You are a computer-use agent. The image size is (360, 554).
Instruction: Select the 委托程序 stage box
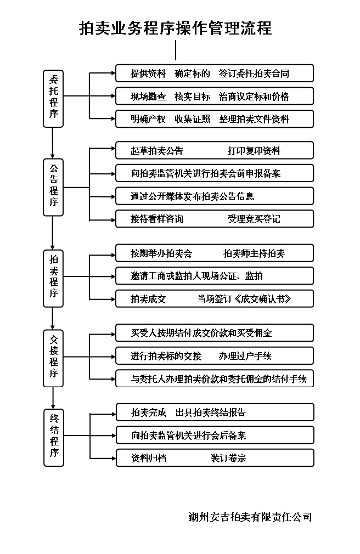pos(53,99)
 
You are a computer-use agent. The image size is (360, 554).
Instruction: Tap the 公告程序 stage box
pos(53,187)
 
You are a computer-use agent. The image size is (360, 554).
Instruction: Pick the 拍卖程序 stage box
pos(53,279)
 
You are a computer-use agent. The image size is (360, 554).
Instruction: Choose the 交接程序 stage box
pos(53,358)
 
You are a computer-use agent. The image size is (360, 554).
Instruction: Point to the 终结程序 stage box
pos(53,438)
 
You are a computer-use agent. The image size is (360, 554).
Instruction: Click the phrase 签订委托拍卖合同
pos(254,74)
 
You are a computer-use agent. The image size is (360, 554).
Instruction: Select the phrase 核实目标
pos(193,97)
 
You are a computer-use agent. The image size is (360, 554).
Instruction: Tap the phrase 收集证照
pos(193,119)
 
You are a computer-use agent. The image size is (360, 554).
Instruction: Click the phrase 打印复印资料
pos(254,151)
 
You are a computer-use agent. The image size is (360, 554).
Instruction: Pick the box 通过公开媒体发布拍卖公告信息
pos(215,196)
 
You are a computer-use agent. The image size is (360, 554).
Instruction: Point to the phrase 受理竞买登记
pos(254,219)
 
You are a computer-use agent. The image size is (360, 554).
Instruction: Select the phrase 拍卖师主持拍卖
pos(254,253)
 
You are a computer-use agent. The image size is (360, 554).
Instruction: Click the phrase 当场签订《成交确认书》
pos(244,299)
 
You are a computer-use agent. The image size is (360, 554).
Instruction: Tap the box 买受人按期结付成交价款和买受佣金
pos(215,333)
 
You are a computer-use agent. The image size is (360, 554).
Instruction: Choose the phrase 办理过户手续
pos(245,356)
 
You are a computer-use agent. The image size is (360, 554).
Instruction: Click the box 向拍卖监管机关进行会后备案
pos(215,436)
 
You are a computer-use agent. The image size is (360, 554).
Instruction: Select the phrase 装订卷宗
pos(228,458)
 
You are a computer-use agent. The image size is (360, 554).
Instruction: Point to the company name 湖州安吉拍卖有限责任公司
pos(250,517)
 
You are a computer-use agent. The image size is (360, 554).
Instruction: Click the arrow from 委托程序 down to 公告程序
pos(53,143)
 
